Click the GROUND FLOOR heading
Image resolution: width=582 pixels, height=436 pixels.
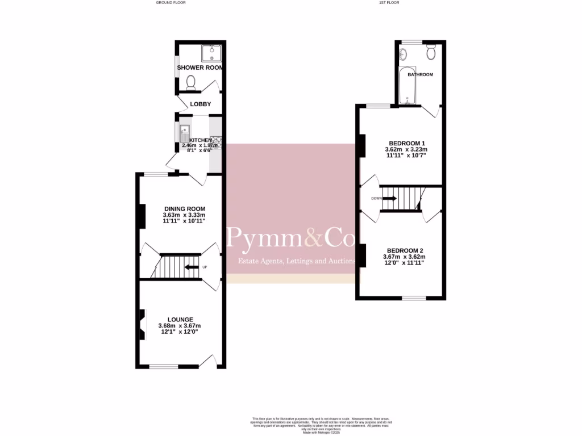tap(171, 2)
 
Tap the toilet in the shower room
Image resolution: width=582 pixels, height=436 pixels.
tap(191, 83)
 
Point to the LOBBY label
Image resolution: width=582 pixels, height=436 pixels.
tap(201, 104)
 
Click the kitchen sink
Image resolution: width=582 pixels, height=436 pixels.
tap(185, 134)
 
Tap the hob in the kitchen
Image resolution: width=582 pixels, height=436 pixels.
tap(215, 142)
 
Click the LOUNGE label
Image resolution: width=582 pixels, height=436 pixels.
tap(180, 319)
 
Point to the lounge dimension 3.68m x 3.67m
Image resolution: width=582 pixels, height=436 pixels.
tap(180, 326)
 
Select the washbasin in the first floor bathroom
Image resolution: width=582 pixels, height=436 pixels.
tap(404, 54)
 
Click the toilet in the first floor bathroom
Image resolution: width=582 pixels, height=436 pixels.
tap(431, 53)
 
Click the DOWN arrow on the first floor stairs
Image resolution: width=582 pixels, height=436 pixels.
tap(390, 199)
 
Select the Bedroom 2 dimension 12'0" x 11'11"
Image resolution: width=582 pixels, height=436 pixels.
tap(404, 263)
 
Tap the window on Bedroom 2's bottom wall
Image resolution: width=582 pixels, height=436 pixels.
tap(414, 298)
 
